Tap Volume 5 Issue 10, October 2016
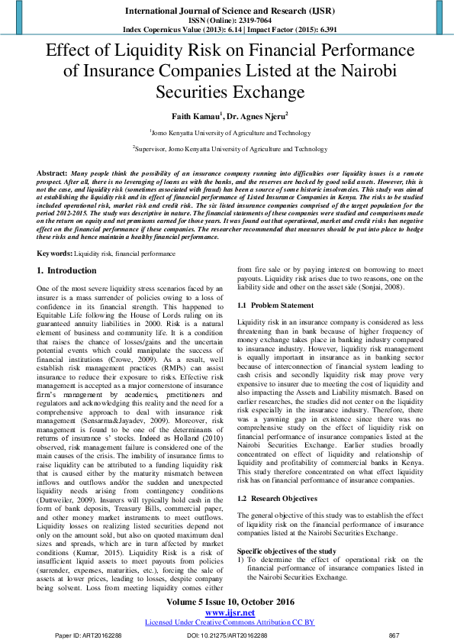[227, 602]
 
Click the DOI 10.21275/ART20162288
[227, 635]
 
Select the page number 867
[394, 635]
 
